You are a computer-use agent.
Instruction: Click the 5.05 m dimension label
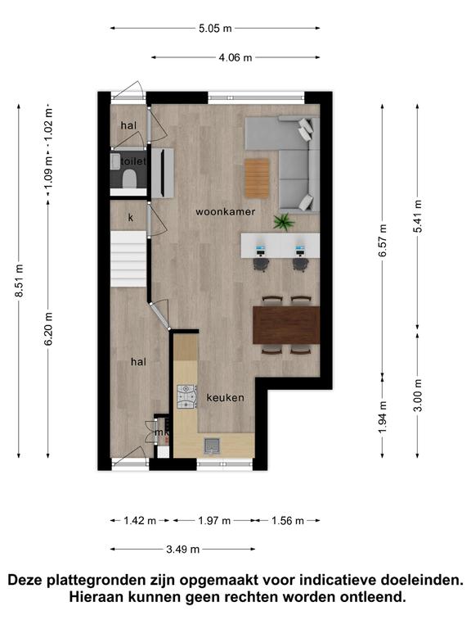click(215, 29)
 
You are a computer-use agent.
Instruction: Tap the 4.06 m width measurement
click(235, 58)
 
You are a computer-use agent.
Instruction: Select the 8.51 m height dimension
click(19, 281)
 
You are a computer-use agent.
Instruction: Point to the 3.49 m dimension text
click(182, 550)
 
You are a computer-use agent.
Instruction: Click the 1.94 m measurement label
click(383, 417)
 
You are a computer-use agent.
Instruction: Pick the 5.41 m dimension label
click(418, 216)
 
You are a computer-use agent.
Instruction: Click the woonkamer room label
click(225, 212)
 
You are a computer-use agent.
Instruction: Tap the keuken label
click(225, 397)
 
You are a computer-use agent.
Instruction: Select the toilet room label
click(133, 161)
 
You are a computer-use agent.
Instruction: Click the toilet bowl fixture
click(129, 178)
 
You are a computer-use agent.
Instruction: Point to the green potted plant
click(284, 221)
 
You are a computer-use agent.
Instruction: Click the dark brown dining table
click(286, 325)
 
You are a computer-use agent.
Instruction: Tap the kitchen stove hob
click(187, 397)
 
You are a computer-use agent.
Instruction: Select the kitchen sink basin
click(211, 446)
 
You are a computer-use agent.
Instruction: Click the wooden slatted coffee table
click(257, 178)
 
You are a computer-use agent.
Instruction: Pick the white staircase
click(128, 259)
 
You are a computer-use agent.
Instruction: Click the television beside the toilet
click(163, 173)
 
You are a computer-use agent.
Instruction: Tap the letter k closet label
click(131, 217)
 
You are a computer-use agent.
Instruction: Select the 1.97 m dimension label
click(214, 521)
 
